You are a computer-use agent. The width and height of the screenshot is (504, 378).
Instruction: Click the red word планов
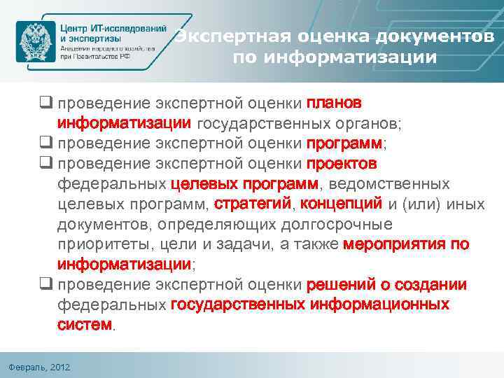(x=334, y=104)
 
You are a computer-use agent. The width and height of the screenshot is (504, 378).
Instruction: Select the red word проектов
(x=342, y=164)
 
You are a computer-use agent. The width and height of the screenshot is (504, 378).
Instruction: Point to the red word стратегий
(x=253, y=204)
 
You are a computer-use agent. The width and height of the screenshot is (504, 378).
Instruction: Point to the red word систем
(x=84, y=325)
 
